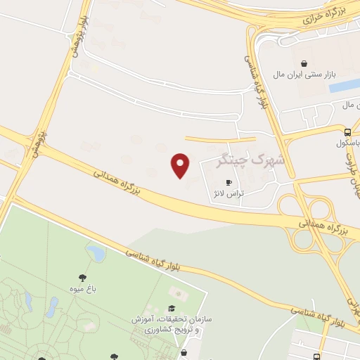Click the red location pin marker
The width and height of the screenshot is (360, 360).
[181, 165]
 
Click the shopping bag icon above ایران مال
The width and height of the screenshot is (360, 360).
[304, 63]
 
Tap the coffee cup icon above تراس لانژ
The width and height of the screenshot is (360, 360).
[228, 182]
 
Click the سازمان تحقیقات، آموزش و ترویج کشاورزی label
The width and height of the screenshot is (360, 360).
[171, 324]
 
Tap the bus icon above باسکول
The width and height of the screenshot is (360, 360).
[347, 131]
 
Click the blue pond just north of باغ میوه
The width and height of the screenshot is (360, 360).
[94, 252]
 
